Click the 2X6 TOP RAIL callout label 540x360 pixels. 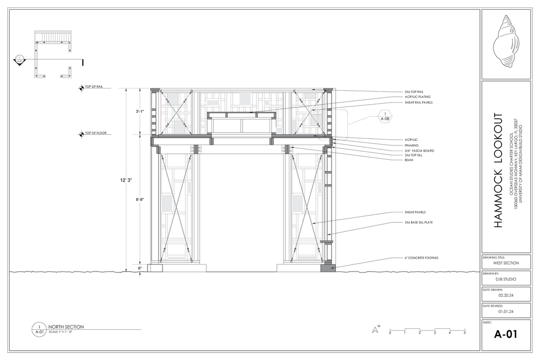(414, 92)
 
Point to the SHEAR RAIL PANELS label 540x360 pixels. (418, 103)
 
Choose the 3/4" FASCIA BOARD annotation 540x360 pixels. (419, 151)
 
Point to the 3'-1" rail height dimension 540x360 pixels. (140, 112)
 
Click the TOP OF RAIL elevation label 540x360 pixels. (93, 86)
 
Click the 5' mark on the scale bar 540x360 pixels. (464, 333)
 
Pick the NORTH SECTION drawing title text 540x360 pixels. (66, 327)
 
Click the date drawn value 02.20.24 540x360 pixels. (506, 295)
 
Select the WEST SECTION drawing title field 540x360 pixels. (506, 263)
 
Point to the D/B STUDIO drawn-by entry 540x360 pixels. (506, 279)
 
